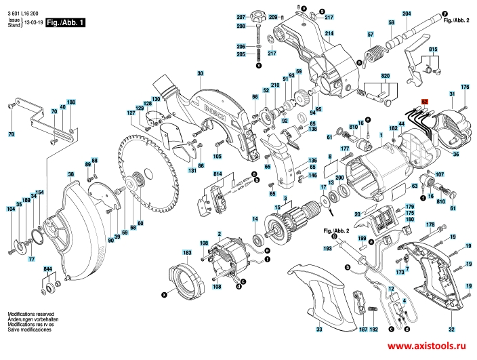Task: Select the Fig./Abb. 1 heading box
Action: pos(66,22)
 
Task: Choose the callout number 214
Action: pos(329,33)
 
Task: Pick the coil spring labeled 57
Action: pos(372,53)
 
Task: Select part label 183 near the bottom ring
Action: pos(187,252)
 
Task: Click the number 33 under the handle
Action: pos(319,329)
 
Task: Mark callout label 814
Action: pos(217,175)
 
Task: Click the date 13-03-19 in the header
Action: pos(33,22)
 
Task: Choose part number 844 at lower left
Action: pos(48,269)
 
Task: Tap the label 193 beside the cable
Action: pos(328,249)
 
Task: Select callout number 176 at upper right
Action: pos(465,87)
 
